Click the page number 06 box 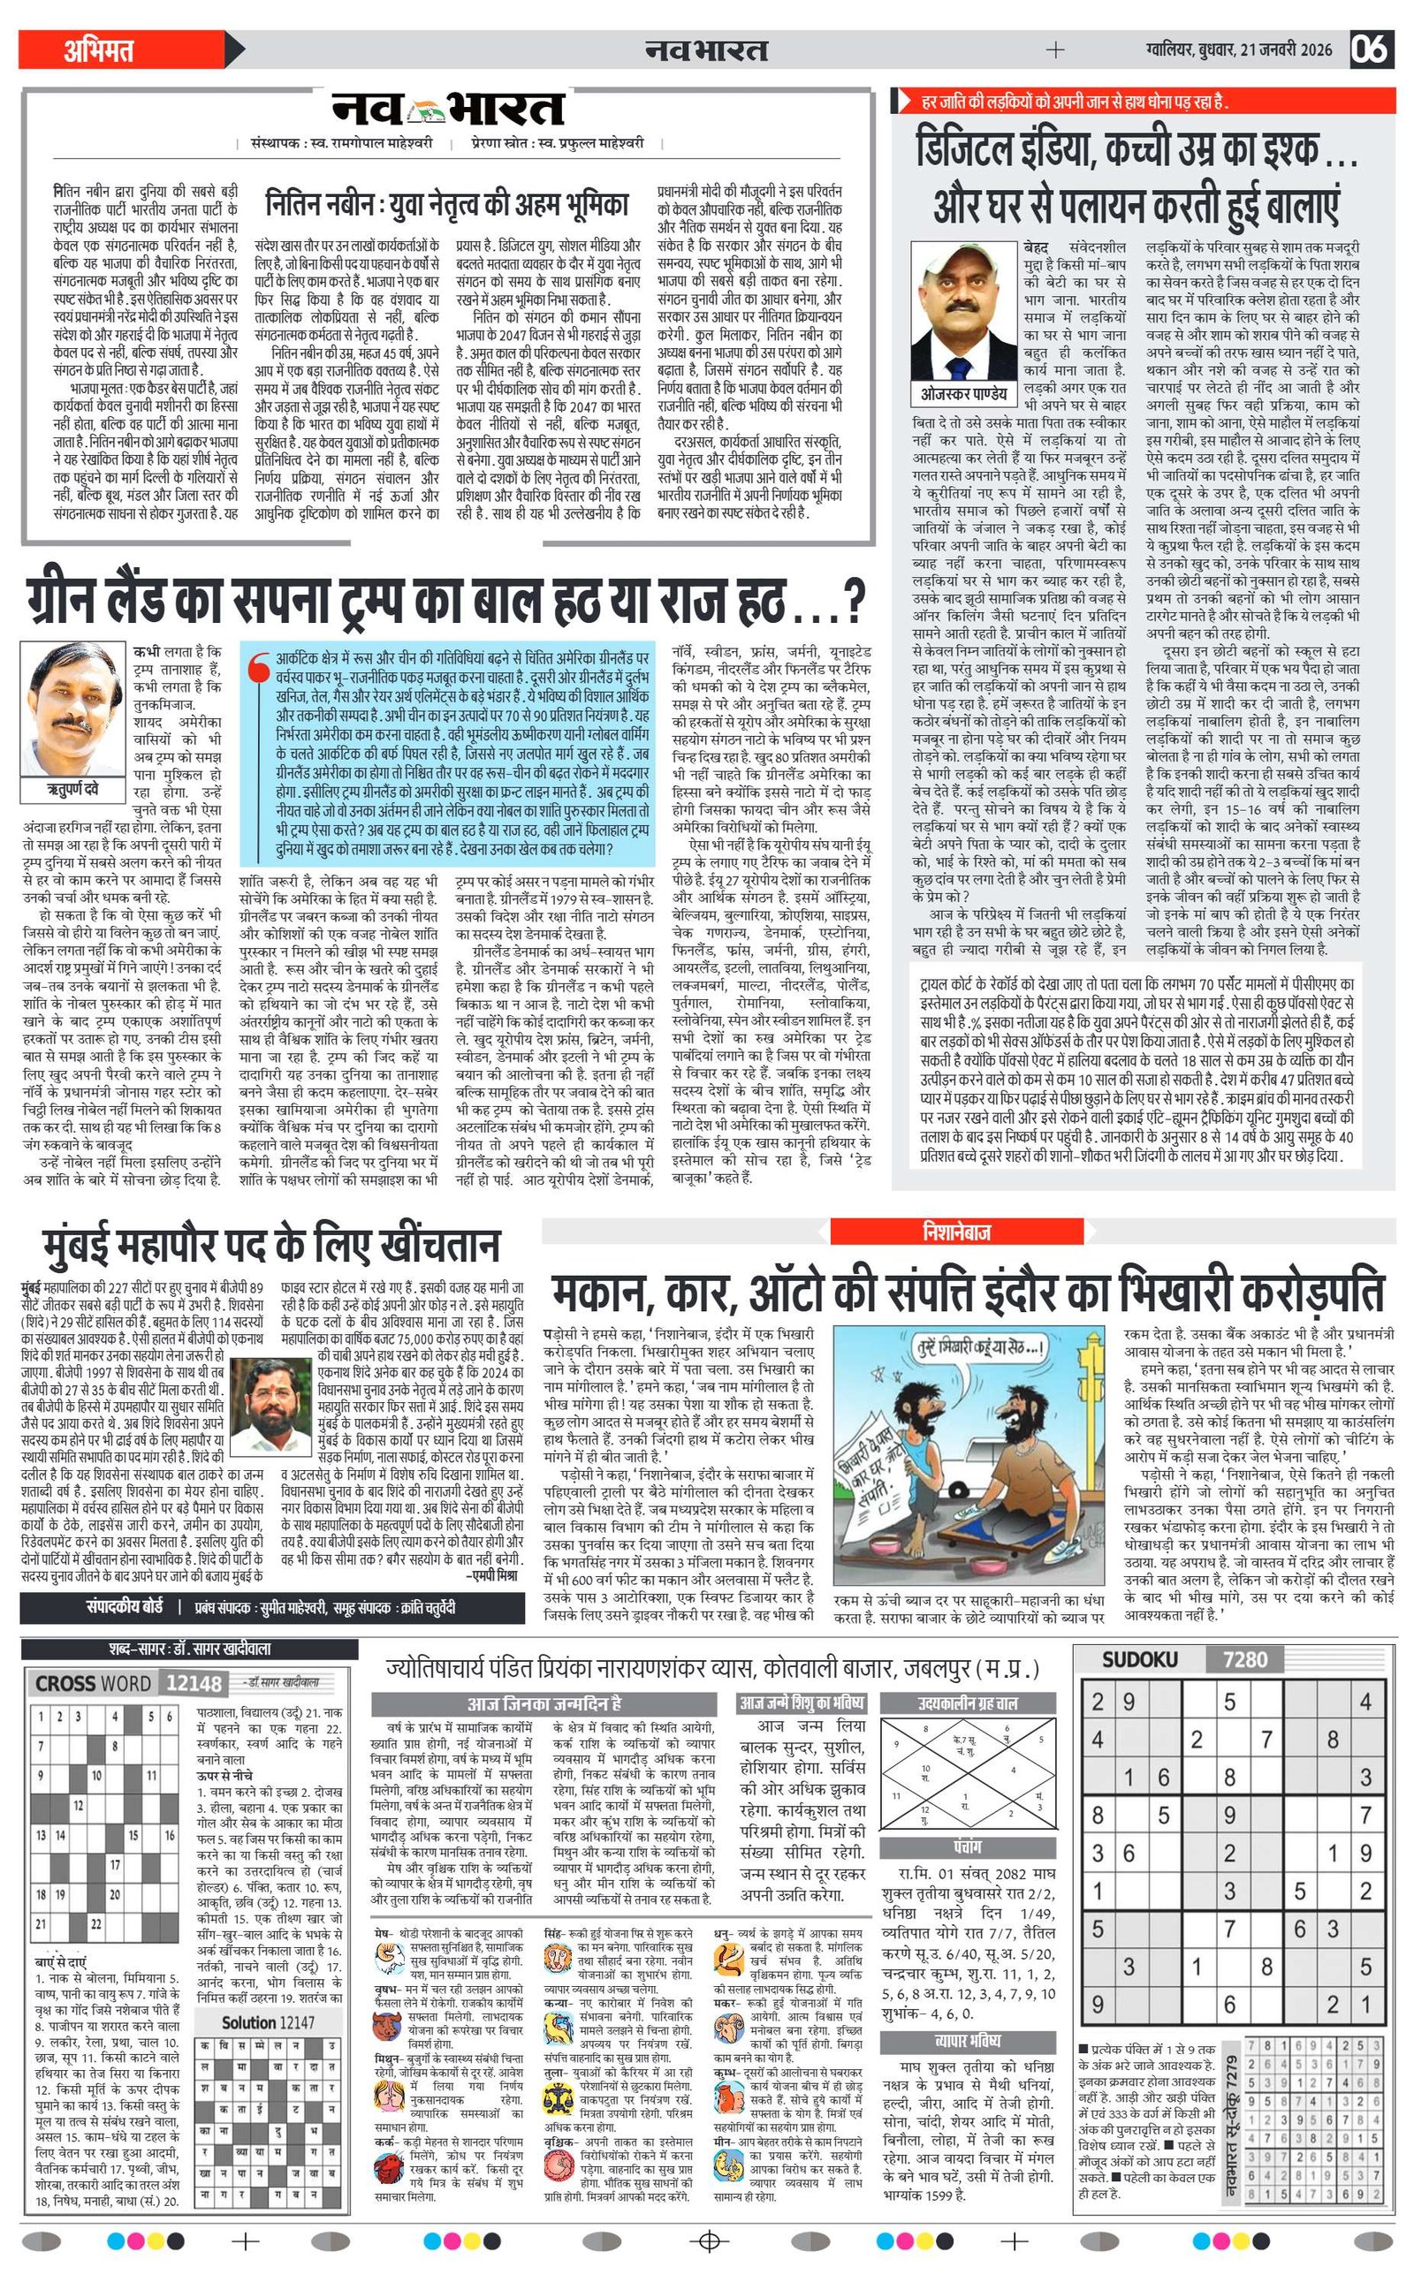[1370, 49]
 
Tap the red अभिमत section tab [98, 49]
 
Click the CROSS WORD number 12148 [194, 1683]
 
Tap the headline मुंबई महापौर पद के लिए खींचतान [272, 1246]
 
